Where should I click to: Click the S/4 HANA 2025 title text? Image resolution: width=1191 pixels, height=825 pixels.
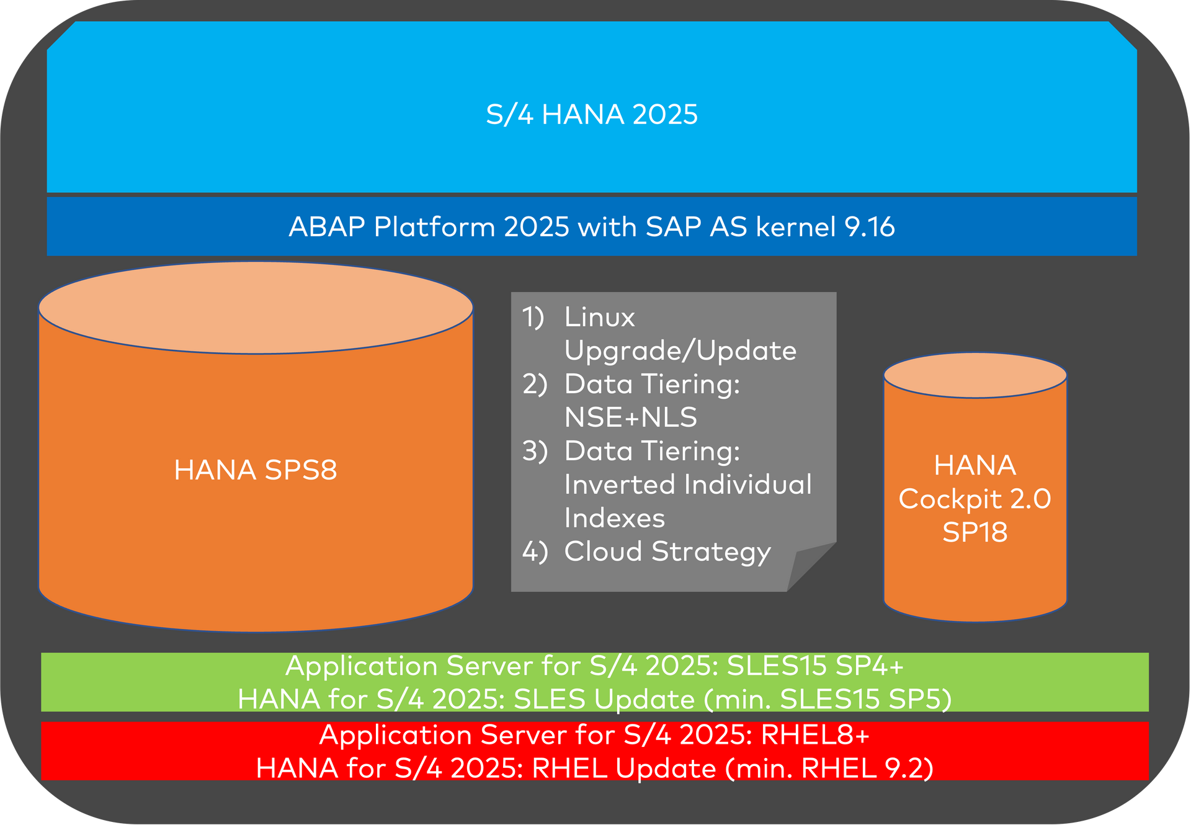point(592,115)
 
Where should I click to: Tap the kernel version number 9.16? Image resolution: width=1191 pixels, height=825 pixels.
point(870,227)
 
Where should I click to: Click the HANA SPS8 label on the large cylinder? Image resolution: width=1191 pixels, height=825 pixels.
point(256,470)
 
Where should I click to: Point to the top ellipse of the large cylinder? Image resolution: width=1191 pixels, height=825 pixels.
point(256,308)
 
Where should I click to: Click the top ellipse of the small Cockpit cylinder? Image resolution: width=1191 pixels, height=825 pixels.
point(975,375)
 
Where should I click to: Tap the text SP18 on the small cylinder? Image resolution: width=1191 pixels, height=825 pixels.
point(975,532)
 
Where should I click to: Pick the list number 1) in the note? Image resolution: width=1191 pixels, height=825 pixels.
point(533,317)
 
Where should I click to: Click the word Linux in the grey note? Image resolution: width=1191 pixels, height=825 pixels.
point(600,317)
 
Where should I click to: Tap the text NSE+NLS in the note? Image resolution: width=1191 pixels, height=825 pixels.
point(631,417)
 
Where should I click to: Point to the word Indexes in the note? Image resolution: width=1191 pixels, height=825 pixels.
point(614,518)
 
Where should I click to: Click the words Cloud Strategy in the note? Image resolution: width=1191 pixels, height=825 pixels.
point(667,551)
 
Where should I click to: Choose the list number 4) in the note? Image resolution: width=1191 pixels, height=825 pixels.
point(535,551)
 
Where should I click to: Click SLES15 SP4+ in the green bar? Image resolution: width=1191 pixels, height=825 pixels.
point(814,666)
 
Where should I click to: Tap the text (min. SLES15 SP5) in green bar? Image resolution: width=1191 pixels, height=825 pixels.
point(827,699)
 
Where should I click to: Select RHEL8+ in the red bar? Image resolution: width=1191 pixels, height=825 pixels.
point(814,735)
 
